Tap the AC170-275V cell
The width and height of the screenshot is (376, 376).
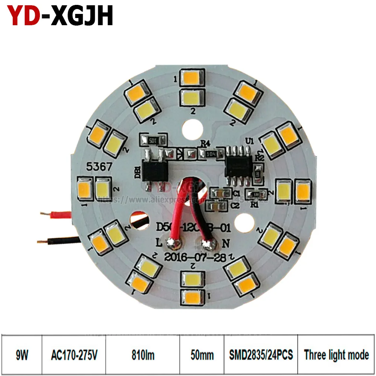click(x=74, y=355)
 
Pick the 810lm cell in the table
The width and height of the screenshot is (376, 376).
click(x=143, y=355)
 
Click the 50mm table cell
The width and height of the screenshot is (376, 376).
click(x=202, y=355)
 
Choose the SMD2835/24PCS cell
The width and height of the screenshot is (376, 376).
click(x=261, y=355)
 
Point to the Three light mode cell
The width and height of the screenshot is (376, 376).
click(x=337, y=355)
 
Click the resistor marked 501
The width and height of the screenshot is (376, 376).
click(x=153, y=140)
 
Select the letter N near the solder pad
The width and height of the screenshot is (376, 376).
click(x=226, y=243)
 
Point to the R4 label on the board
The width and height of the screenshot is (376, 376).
click(x=205, y=143)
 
